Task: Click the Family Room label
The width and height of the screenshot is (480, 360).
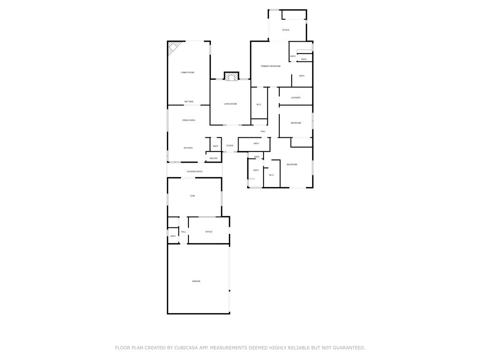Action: point(187,72)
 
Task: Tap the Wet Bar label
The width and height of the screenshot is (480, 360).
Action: point(188,101)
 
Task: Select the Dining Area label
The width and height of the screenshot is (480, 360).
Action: point(188,120)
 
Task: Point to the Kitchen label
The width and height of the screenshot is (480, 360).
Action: point(187,148)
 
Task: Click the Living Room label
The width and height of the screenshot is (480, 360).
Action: point(230,104)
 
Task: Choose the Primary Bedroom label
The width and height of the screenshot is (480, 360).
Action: point(270,66)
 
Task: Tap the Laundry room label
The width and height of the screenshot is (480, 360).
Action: point(295,97)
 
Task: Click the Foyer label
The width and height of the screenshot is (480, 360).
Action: point(230,146)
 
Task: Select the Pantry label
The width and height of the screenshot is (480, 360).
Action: point(213,158)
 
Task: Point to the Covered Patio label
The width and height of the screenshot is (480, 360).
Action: point(195,172)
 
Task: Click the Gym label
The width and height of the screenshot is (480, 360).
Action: point(192,195)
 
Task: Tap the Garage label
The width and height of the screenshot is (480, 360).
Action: point(196,281)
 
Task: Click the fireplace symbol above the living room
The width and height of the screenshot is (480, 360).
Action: point(231,76)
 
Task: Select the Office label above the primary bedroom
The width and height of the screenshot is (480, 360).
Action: point(285,30)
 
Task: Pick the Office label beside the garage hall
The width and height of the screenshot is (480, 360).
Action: point(209,232)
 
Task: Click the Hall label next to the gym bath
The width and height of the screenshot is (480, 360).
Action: point(183,232)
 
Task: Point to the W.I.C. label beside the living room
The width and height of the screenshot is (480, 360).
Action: point(259,104)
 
